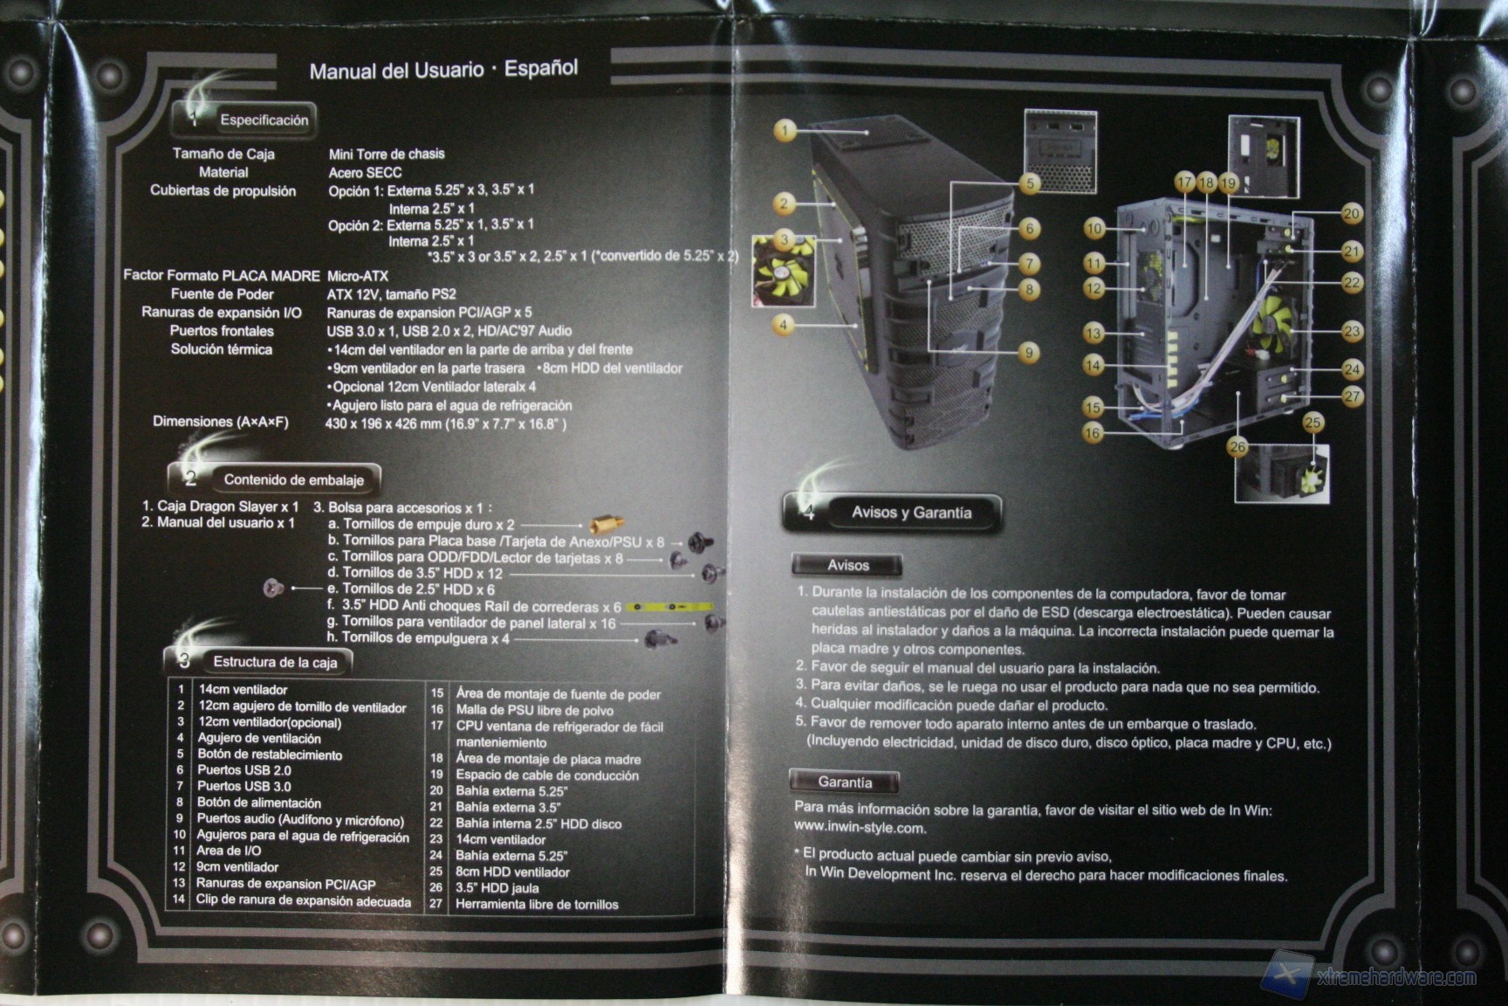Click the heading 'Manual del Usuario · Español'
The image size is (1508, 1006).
click(x=443, y=69)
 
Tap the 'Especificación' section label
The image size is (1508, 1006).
click(x=264, y=120)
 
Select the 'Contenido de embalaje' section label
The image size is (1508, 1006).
click(x=293, y=479)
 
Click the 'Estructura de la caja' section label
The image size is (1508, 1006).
click(x=275, y=662)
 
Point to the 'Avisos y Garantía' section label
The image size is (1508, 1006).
click(x=911, y=513)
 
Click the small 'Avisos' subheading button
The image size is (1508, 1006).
click(x=847, y=565)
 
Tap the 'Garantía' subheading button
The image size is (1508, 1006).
click(x=844, y=782)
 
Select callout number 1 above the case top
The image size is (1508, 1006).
click(x=785, y=131)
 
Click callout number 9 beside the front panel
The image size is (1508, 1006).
click(x=1029, y=353)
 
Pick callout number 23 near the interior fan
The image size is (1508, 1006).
click(x=1352, y=331)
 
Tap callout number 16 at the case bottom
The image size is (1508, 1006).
click(x=1093, y=432)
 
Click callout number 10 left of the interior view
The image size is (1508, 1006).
click(x=1094, y=229)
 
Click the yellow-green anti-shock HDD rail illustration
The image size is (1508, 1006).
click(x=669, y=606)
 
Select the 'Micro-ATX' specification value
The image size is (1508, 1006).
click(x=357, y=276)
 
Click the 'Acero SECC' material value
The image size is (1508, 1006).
click(x=365, y=173)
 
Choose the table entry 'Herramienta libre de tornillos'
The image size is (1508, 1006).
click(x=537, y=905)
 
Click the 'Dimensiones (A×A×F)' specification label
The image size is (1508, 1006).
click(x=221, y=422)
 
